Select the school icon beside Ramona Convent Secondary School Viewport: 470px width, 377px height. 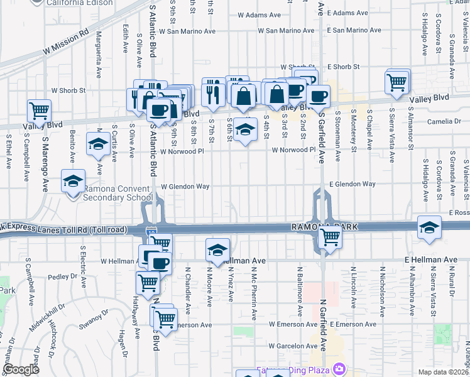pos(73,182)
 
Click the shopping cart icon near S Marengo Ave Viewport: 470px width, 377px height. pos(39,111)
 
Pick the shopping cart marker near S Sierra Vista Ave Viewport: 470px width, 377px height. pos(396,82)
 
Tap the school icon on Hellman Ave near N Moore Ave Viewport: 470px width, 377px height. pos(217,250)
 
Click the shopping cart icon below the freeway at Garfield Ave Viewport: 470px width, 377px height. pos(329,238)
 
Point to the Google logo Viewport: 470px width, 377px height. pos(21,369)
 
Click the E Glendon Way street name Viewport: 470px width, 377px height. pos(352,184)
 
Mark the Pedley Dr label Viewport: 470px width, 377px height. pos(62,276)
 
